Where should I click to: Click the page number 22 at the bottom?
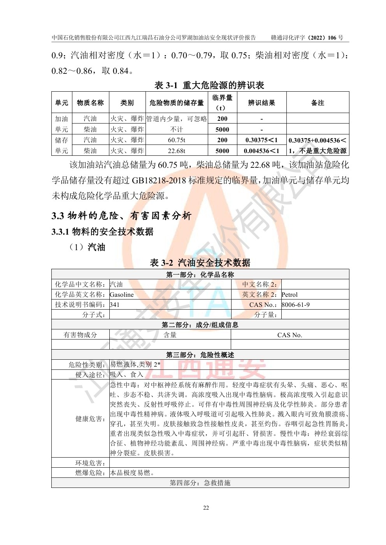coord(206,508)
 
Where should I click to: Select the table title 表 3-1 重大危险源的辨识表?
coord(209,85)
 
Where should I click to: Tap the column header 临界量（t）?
coord(222,103)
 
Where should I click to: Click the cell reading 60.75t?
coord(176,140)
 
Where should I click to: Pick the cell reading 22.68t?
coord(176,151)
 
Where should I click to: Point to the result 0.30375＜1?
coord(261,140)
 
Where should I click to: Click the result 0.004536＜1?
coord(261,151)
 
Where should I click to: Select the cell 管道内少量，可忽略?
coord(177,119)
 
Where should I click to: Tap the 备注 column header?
coord(318,103)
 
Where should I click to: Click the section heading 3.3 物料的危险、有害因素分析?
coord(121,216)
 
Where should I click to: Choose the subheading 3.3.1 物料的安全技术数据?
coord(103,232)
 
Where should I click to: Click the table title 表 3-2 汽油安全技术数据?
coord(200,263)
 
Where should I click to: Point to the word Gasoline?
coord(122,295)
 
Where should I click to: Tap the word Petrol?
coord(289,295)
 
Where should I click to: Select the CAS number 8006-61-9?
coord(296,305)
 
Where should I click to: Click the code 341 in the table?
coord(115,305)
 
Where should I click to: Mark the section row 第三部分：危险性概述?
coord(200,355)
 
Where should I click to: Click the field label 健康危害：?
coord(90,419)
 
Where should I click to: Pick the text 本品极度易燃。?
coord(132,473)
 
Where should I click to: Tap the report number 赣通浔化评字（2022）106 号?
coord(307,38)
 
